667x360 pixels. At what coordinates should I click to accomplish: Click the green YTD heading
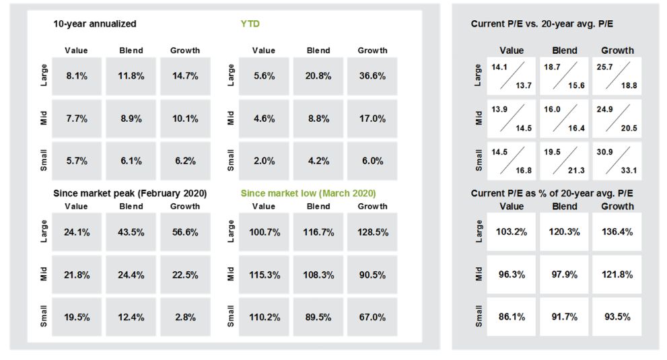(x=250, y=24)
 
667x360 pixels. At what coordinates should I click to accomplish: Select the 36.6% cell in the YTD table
(x=372, y=76)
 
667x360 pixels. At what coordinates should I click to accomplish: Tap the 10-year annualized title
(x=95, y=24)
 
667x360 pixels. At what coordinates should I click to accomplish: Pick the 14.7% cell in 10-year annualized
(x=185, y=76)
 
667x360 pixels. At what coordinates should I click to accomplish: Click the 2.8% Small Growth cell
(x=185, y=317)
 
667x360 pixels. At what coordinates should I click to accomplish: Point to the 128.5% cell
(x=372, y=232)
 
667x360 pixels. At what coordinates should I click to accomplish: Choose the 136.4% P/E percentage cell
(x=617, y=231)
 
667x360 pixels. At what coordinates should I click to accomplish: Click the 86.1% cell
(x=512, y=316)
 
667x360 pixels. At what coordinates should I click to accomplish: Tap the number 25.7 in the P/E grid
(x=604, y=68)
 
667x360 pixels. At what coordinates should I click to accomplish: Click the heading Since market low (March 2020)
(x=308, y=193)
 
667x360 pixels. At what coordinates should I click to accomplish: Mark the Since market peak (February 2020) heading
(x=130, y=193)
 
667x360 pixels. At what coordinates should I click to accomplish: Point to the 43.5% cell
(x=131, y=232)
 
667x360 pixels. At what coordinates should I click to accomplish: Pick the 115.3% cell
(x=263, y=275)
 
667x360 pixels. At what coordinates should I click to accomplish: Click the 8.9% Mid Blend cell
(x=131, y=118)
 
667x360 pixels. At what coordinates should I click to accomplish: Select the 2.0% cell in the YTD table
(x=263, y=161)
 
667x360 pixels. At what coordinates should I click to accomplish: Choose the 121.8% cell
(x=617, y=274)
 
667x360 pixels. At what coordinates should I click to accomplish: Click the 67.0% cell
(x=372, y=317)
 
